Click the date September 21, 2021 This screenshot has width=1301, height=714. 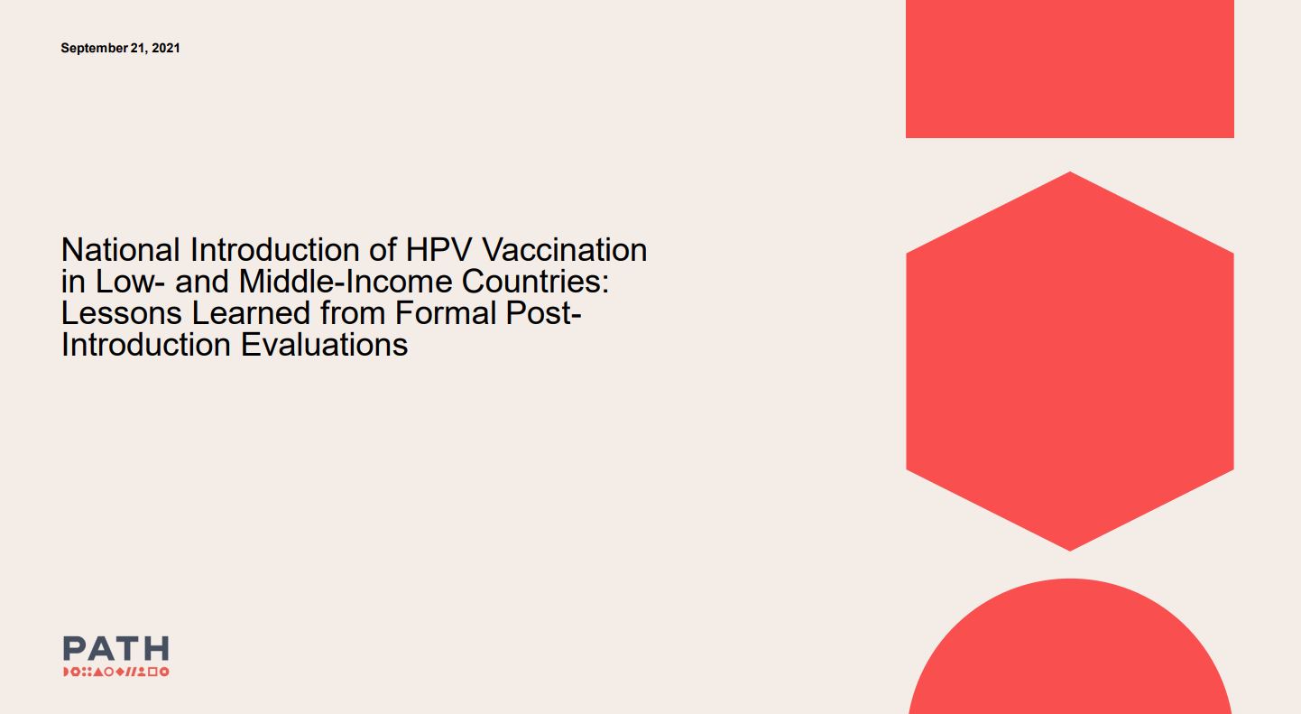tap(120, 48)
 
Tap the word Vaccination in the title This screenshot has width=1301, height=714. tap(566, 250)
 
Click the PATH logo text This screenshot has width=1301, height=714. tap(115, 648)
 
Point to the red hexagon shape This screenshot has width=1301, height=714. tap(1069, 361)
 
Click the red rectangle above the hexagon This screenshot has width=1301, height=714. tap(1069, 69)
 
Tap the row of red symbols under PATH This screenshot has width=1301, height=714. tap(115, 672)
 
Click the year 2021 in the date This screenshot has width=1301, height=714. tap(166, 48)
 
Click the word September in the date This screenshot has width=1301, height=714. tap(93, 48)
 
